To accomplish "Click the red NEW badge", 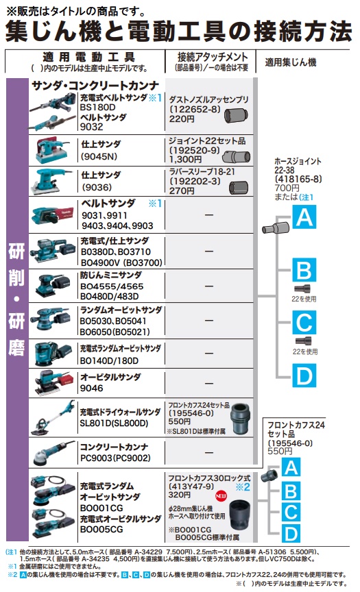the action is [221, 495].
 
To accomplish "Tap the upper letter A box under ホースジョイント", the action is [304, 217].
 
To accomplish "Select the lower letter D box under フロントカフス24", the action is [291, 534].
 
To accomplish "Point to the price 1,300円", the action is [185, 160].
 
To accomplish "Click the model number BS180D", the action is [97, 107].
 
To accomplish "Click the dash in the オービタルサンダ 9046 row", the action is [209, 383].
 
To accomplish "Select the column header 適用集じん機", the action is [291, 62].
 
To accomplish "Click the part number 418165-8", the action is [298, 179].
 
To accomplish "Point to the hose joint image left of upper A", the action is [276, 227].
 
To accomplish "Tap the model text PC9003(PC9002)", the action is [115, 458].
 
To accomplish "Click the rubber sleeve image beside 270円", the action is [239, 187].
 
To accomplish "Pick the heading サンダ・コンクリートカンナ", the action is [95, 86].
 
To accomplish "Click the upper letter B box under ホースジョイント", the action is [304, 270].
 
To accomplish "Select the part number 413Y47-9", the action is [191, 486].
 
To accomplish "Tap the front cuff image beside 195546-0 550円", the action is [240, 419].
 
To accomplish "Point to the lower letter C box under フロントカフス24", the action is [291, 513].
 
